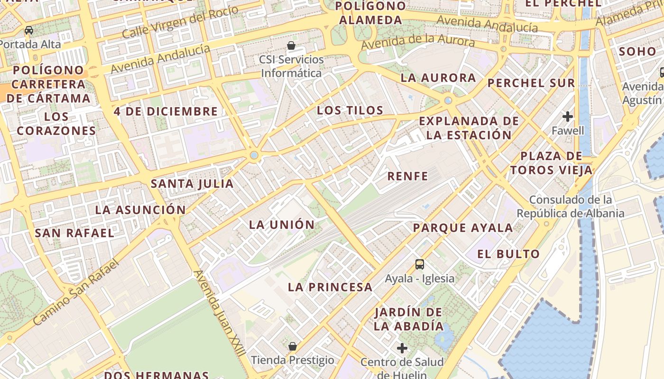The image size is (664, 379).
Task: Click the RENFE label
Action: [x=407, y=176]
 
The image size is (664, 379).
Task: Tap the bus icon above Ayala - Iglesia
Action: [x=419, y=264]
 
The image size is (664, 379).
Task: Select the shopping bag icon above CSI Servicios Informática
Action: [x=291, y=45]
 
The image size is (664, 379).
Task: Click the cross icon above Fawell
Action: [x=568, y=116]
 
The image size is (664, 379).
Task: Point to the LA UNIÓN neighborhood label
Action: [x=282, y=225]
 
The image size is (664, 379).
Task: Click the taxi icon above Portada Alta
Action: [x=29, y=30]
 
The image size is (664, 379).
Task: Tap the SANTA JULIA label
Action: [x=192, y=183]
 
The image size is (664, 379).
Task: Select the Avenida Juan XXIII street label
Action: [x=220, y=313]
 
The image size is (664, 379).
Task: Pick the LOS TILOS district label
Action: [x=350, y=110]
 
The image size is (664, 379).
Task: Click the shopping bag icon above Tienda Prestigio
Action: [x=293, y=346]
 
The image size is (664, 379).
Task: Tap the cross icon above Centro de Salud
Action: [x=402, y=348]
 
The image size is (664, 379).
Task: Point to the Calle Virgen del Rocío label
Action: [x=180, y=22]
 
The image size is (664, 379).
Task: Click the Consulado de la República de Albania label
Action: [x=570, y=207]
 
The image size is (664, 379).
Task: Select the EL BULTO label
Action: [x=508, y=254]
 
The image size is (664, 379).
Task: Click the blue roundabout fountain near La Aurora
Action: [x=448, y=100]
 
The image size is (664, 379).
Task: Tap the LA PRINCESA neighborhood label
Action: [x=330, y=287]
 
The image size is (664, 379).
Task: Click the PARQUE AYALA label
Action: [x=463, y=227]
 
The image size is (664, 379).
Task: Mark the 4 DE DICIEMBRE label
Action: [x=166, y=111]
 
